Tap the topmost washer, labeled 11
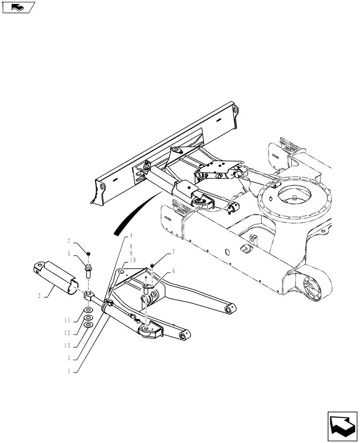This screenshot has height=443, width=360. (x=88, y=311)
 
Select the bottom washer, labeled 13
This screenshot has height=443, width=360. (x=88, y=325)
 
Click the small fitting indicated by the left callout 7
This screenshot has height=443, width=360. (x=89, y=253)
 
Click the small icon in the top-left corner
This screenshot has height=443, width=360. (x=18, y=7)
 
